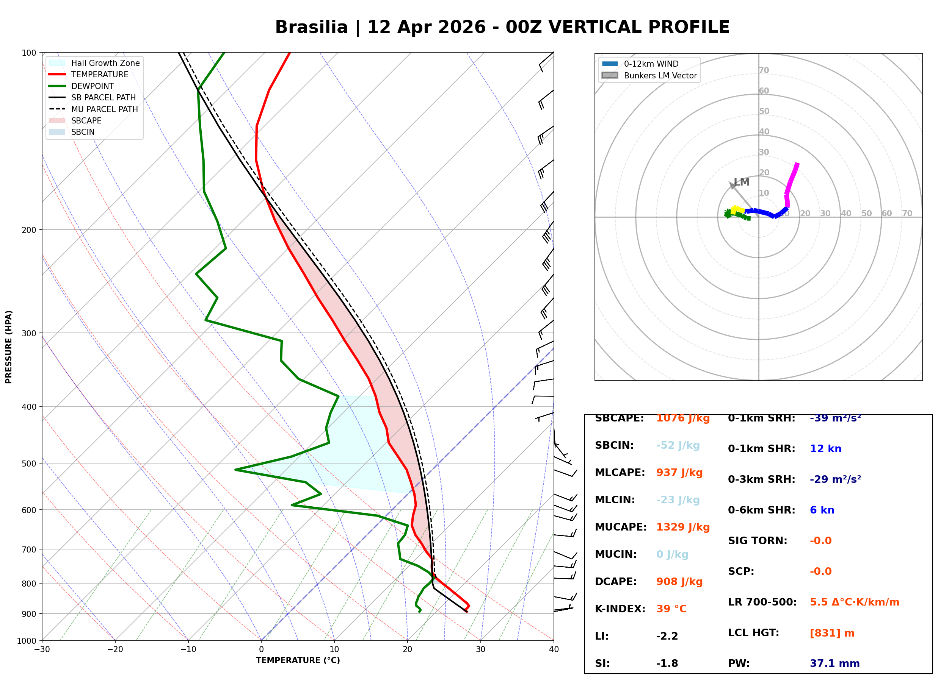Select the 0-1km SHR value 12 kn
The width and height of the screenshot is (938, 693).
825,449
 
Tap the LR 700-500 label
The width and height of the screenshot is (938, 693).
762,602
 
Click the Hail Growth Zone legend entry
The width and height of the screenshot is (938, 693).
105,63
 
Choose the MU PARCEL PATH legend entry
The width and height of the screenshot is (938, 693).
104,109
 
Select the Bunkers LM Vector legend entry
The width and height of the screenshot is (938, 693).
660,75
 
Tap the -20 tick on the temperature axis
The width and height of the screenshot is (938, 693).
115,650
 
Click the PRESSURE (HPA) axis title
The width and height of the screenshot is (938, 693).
9,347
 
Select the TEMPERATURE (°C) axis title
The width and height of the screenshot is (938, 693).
298,661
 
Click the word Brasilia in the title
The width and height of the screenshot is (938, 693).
311,27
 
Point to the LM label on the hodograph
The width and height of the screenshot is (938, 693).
742,182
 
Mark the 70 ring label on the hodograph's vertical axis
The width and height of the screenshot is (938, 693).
764,70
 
